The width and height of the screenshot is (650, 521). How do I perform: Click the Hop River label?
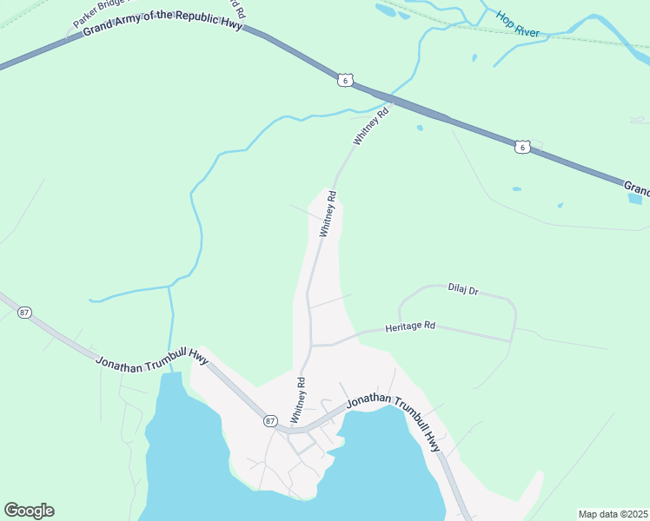pyautogui.click(x=518, y=24)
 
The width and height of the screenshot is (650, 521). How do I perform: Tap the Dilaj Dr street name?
pyautogui.click(x=463, y=289)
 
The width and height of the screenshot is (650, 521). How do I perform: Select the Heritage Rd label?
pyautogui.click(x=409, y=326)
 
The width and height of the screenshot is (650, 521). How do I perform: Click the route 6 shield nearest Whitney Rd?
pyautogui.click(x=346, y=80)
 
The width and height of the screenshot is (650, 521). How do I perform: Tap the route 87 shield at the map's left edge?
pyautogui.click(x=24, y=313)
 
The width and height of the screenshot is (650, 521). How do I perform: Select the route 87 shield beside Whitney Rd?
pyautogui.click(x=270, y=421)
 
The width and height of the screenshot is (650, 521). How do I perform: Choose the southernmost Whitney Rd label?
pyautogui.click(x=298, y=399)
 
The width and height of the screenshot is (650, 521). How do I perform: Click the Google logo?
pyautogui.click(x=29, y=511)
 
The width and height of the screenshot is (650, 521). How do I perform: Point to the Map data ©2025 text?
pyautogui.click(x=613, y=514)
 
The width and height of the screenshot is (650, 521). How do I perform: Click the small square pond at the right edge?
pyautogui.click(x=634, y=198)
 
